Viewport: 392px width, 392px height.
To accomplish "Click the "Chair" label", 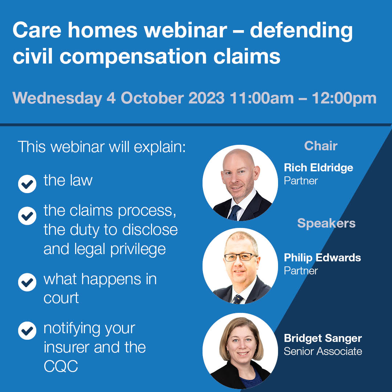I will coord(321,146).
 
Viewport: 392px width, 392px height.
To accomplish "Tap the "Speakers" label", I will coord(326,223).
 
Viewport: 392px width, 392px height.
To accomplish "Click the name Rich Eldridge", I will coord(318,168).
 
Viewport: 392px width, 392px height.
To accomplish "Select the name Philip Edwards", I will coord(322,258).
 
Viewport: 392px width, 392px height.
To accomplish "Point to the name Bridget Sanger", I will coord(323,338).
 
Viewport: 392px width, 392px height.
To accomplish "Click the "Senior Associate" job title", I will coord(323,351).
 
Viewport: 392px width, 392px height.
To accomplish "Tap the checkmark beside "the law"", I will coord(27,184).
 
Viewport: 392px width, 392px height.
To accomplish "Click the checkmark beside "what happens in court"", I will coord(27,283).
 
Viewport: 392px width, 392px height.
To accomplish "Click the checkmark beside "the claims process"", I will coord(27,216).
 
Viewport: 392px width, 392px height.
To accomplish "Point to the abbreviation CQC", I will coord(61,367).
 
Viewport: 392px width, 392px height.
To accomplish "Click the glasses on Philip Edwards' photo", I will coord(240,257).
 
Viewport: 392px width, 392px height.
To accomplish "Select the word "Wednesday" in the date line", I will coord(57,98).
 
